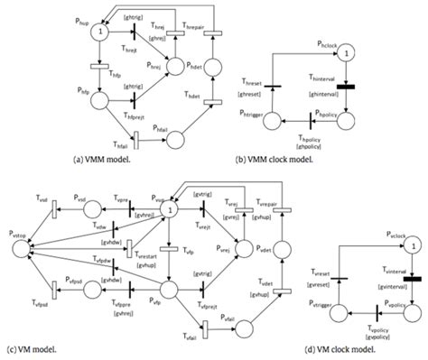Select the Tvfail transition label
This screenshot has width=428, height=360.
(x=188, y=337)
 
